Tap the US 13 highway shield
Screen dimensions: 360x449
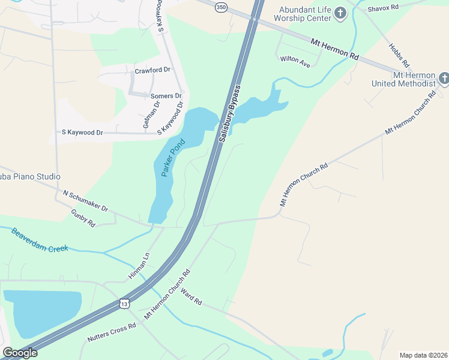(x=124, y=304)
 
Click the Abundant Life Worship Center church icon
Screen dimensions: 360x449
(x=340, y=13)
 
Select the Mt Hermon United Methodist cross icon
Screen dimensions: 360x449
(x=444, y=79)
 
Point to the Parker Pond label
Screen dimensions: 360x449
(x=173, y=158)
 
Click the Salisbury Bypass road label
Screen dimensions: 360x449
(x=229, y=113)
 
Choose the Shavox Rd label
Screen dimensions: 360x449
(x=383, y=7)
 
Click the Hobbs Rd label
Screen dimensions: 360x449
(x=399, y=55)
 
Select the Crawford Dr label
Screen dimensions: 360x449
(x=152, y=70)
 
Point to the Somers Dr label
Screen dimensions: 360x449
(x=166, y=96)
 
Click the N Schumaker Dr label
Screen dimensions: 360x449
(x=85, y=201)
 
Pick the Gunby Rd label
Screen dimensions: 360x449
(x=83, y=218)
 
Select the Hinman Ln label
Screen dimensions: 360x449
(x=138, y=266)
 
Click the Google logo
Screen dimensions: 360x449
(x=20, y=353)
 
